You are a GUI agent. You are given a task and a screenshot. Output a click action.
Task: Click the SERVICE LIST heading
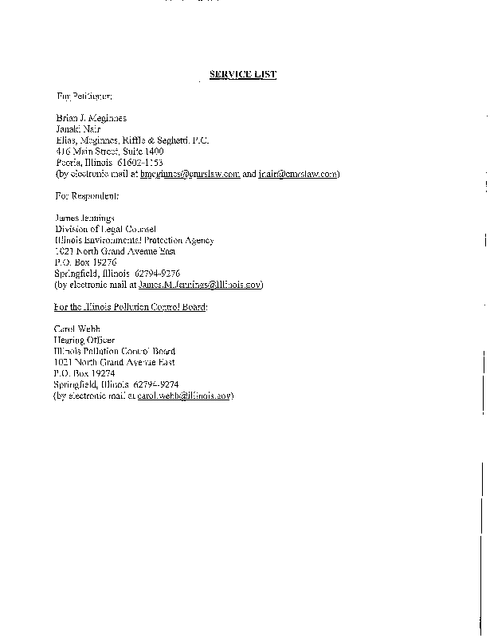click(x=242, y=74)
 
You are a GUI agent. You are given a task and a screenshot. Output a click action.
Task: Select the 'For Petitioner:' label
click(x=79, y=96)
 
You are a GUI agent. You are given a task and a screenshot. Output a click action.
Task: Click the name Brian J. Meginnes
click(x=91, y=118)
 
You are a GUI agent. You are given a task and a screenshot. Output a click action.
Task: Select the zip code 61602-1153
click(x=140, y=162)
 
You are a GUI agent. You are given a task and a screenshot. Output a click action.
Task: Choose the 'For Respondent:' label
click(x=87, y=195)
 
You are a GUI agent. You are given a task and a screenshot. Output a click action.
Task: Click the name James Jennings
click(x=84, y=218)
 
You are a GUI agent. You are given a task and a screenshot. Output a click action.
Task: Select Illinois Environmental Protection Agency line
click(x=134, y=240)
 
